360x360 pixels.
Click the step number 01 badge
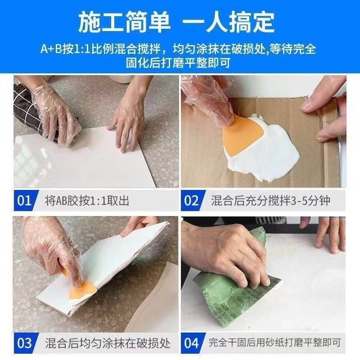[x=25, y=200]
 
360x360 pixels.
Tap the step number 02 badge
[x=192, y=200]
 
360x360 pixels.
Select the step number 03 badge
[x=25, y=343]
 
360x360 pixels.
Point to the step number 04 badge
[x=192, y=343]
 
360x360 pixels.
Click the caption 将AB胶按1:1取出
[x=87, y=201]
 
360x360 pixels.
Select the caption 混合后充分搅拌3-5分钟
[x=271, y=201]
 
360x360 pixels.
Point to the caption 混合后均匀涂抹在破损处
[x=108, y=343]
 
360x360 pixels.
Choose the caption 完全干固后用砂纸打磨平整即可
[x=274, y=343]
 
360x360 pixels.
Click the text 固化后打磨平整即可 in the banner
[x=178, y=63]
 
